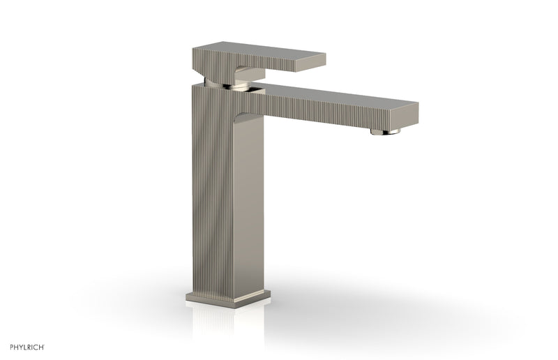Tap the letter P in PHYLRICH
(x=8, y=347)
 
